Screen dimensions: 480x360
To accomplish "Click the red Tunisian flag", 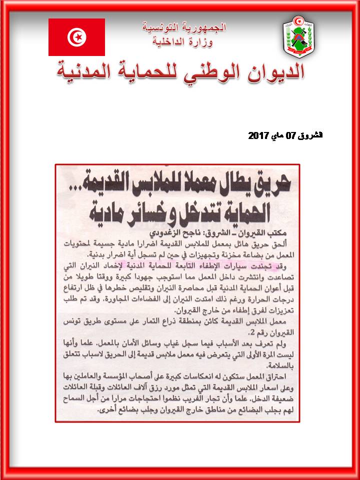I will (x=76, y=37).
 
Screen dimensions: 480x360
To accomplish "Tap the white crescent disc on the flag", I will (x=76, y=37).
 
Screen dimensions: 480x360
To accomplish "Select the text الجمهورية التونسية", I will (x=184, y=27).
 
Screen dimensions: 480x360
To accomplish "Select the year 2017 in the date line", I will (x=258, y=135).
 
